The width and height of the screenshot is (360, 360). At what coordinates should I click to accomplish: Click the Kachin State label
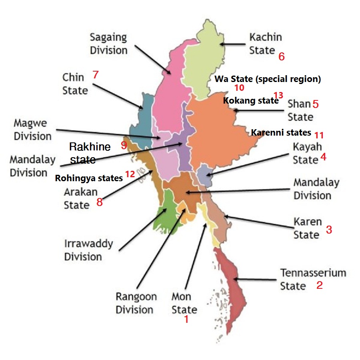tap(265, 44)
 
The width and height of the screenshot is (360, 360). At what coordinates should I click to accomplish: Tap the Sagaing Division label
tap(108, 44)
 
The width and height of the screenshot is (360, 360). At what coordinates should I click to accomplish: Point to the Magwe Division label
tap(33, 129)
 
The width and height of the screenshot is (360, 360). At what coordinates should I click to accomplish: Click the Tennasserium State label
tap(312, 279)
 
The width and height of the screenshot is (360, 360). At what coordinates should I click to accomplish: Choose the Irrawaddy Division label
tap(88, 250)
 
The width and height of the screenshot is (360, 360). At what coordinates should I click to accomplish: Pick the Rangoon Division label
tap(136, 303)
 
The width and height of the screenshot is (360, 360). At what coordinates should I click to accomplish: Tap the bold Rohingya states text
tap(89, 178)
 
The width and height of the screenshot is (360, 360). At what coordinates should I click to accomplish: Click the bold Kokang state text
tap(250, 101)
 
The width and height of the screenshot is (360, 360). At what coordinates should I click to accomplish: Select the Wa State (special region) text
tap(268, 79)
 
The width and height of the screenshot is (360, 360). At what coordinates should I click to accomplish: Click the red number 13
tap(278, 95)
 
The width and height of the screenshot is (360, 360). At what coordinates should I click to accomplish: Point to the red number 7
tap(95, 74)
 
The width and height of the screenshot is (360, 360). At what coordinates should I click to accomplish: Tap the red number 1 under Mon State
tap(186, 320)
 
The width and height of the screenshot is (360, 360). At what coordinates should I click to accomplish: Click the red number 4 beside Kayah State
tap(323, 157)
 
